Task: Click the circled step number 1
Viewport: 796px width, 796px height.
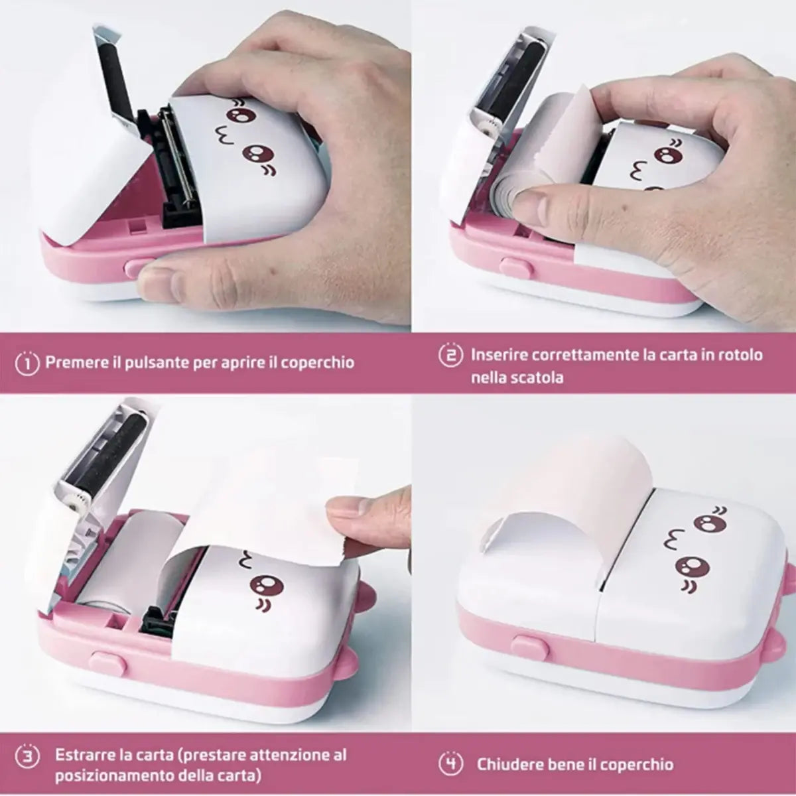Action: pyautogui.click(x=27, y=363)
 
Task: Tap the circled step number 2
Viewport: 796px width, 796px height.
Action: pyautogui.click(x=450, y=355)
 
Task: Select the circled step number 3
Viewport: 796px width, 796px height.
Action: pyautogui.click(x=27, y=756)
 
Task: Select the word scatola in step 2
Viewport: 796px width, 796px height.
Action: pyautogui.click(x=537, y=377)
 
